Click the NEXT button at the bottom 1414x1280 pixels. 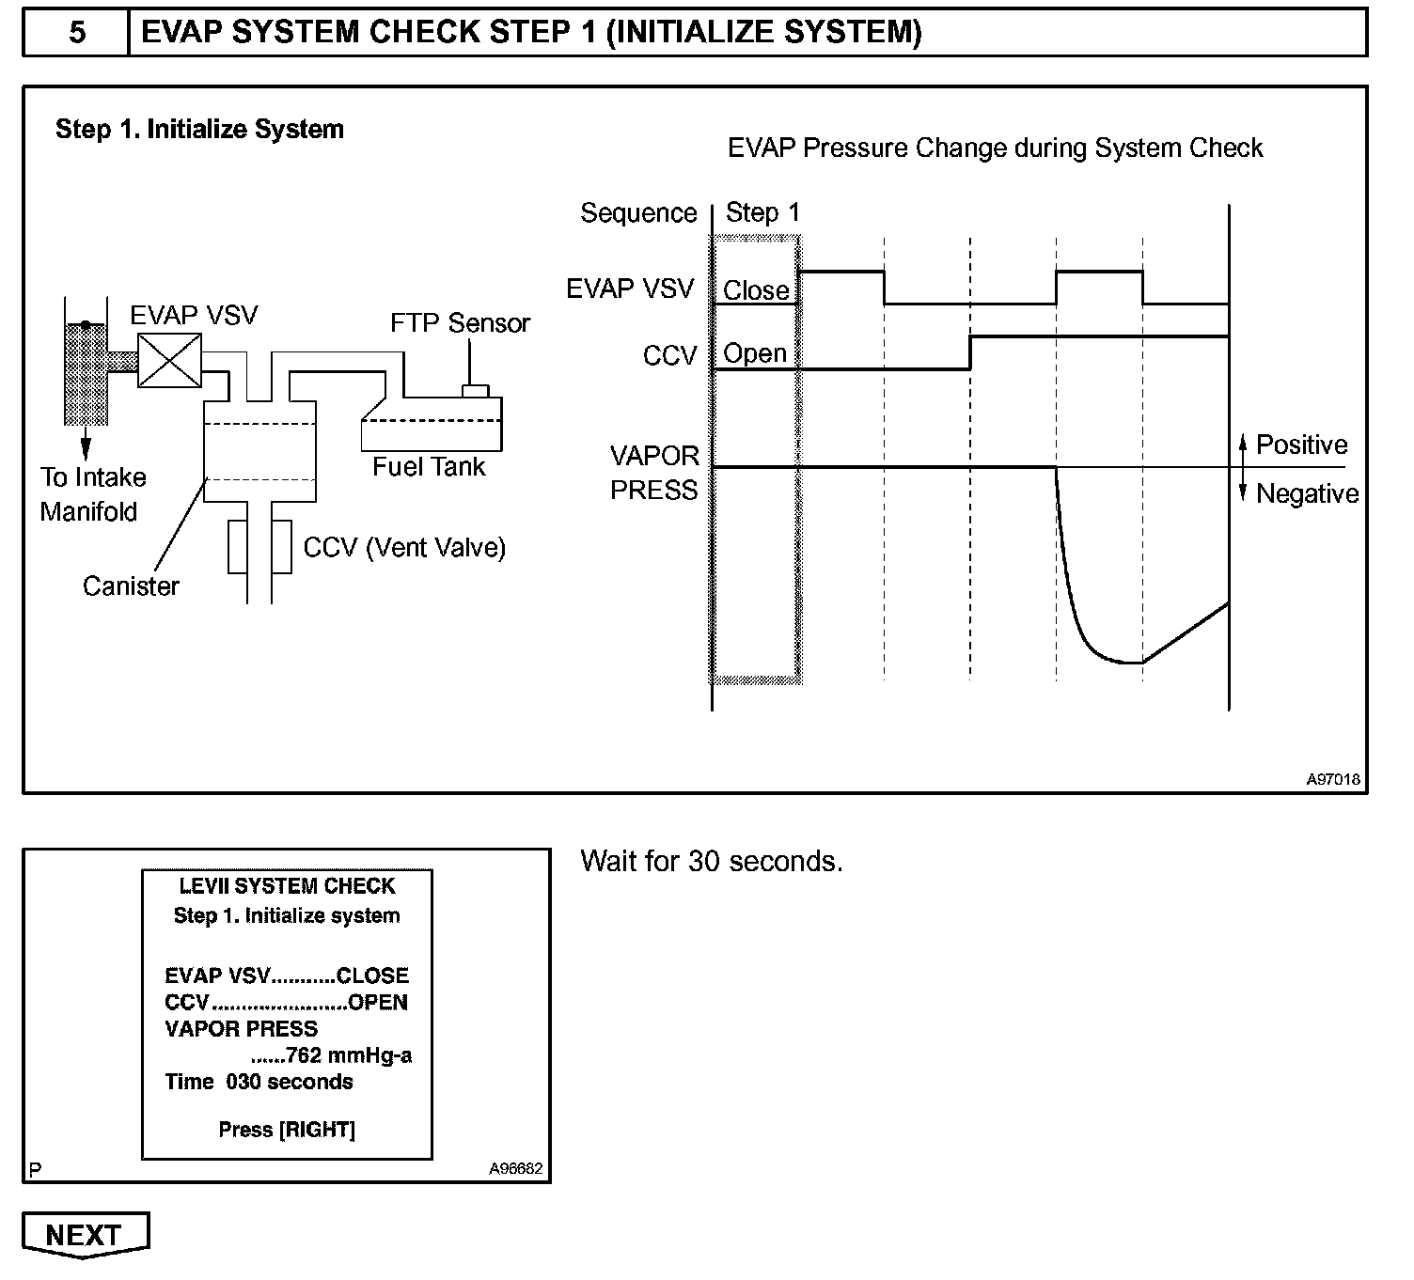tap(84, 1234)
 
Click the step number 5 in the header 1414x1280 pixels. tap(77, 33)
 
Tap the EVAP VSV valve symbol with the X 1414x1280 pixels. tap(169, 361)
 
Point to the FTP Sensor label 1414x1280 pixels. tap(460, 323)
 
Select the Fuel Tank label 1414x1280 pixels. tap(429, 467)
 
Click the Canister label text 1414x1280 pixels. tap(131, 586)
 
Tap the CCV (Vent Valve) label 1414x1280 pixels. tap(404, 548)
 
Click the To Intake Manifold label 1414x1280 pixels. tap(92, 494)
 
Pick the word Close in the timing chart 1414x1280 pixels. tap(756, 290)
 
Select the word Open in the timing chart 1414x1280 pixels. tap(755, 353)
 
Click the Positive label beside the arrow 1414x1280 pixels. tap(1301, 445)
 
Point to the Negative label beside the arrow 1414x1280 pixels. tap(1307, 493)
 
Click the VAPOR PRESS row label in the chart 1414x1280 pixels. tap(654, 473)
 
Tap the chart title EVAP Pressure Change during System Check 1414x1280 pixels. tap(995, 148)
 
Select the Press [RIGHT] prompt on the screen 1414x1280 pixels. tap(287, 1130)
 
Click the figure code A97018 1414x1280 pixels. tap(1332, 779)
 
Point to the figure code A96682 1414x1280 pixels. tap(515, 1169)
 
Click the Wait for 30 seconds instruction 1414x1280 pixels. tap(712, 861)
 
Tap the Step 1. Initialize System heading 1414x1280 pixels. tap(199, 130)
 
